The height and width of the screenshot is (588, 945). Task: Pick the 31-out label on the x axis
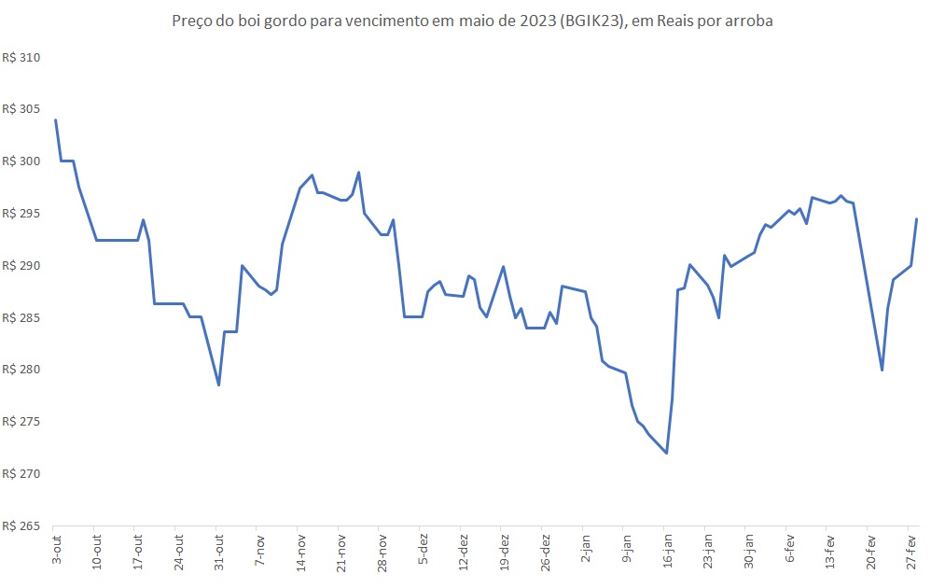[219, 551]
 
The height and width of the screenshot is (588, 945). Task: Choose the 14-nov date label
[300, 551]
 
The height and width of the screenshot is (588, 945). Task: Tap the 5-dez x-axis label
[423, 549]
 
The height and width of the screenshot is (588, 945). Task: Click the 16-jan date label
[667, 551]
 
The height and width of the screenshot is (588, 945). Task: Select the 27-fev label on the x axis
[911, 551]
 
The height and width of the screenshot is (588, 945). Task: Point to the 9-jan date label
[626, 549]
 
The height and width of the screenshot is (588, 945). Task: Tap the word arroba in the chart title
[749, 21]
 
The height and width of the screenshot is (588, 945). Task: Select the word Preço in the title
[192, 21]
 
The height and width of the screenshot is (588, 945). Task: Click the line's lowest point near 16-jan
[667, 454]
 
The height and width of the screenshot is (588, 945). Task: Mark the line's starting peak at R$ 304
[56, 119]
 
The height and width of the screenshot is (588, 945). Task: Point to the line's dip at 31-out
[218, 385]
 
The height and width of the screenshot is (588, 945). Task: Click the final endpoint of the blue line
[917, 218]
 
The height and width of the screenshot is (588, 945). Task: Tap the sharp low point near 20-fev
[882, 371]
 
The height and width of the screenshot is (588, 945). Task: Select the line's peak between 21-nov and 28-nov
[359, 172]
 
